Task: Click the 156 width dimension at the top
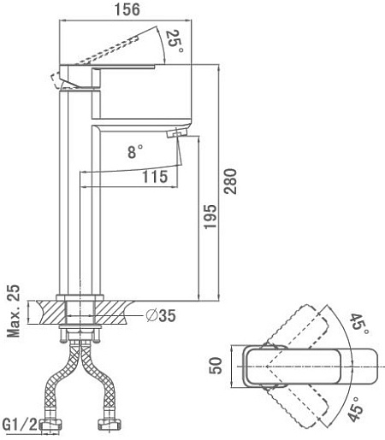127,9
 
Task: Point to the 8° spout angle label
135,151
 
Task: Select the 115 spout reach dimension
155,177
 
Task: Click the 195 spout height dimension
210,216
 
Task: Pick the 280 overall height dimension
230,181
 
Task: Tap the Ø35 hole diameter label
161,315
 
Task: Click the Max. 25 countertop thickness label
14,311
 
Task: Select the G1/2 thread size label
20,425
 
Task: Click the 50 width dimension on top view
216,366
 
